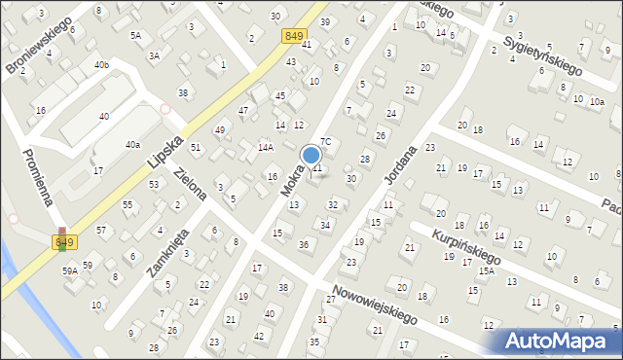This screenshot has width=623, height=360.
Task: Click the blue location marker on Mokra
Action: (x=311, y=155)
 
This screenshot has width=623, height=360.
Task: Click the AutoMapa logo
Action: (x=558, y=341)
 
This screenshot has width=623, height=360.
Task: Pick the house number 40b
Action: (x=101, y=64)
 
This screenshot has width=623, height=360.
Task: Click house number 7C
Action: (x=326, y=142)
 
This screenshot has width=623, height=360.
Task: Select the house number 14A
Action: (x=265, y=147)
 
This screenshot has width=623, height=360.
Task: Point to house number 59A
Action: (x=70, y=271)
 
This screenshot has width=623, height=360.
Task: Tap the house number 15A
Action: (x=486, y=270)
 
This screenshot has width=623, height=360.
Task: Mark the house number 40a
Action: (x=131, y=144)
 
